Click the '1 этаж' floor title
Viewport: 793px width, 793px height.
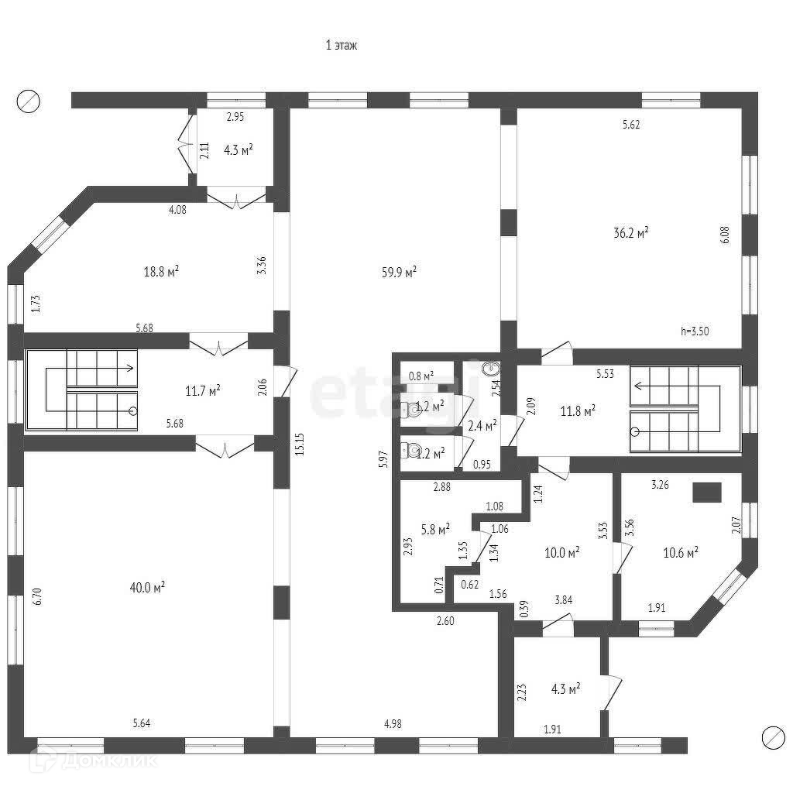pyautogui.click(x=341, y=46)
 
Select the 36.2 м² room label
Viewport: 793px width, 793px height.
pyautogui.click(x=632, y=232)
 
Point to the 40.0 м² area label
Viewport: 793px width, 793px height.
pyautogui.click(x=147, y=587)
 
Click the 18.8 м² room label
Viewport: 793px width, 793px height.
pyautogui.click(x=162, y=271)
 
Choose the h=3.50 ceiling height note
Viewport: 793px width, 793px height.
pyautogui.click(x=695, y=331)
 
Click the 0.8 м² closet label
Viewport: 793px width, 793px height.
pyautogui.click(x=421, y=376)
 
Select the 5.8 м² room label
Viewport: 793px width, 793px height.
pyautogui.click(x=434, y=530)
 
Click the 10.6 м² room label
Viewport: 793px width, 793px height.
pyautogui.click(x=681, y=552)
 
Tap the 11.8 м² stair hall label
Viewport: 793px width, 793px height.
pyautogui.click(x=578, y=410)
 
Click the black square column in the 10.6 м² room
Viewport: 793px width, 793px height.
pyautogui.click(x=706, y=493)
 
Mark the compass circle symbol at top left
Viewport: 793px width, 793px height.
pyautogui.click(x=29, y=100)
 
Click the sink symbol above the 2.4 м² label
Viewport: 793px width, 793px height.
pyautogui.click(x=489, y=369)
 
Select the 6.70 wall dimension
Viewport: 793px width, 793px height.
pyautogui.click(x=37, y=597)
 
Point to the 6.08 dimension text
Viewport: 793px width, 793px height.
pyautogui.click(x=724, y=235)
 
